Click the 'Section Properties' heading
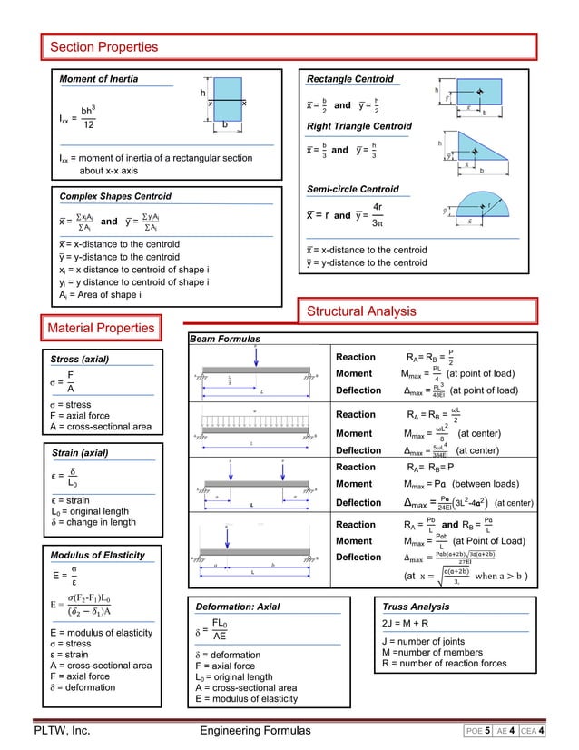click(x=105, y=46)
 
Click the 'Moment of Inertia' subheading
click(x=99, y=79)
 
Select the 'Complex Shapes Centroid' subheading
click(x=114, y=196)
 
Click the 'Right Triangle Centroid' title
click(x=358, y=125)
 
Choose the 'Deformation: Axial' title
click(x=238, y=605)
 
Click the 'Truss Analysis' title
click(x=417, y=605)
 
